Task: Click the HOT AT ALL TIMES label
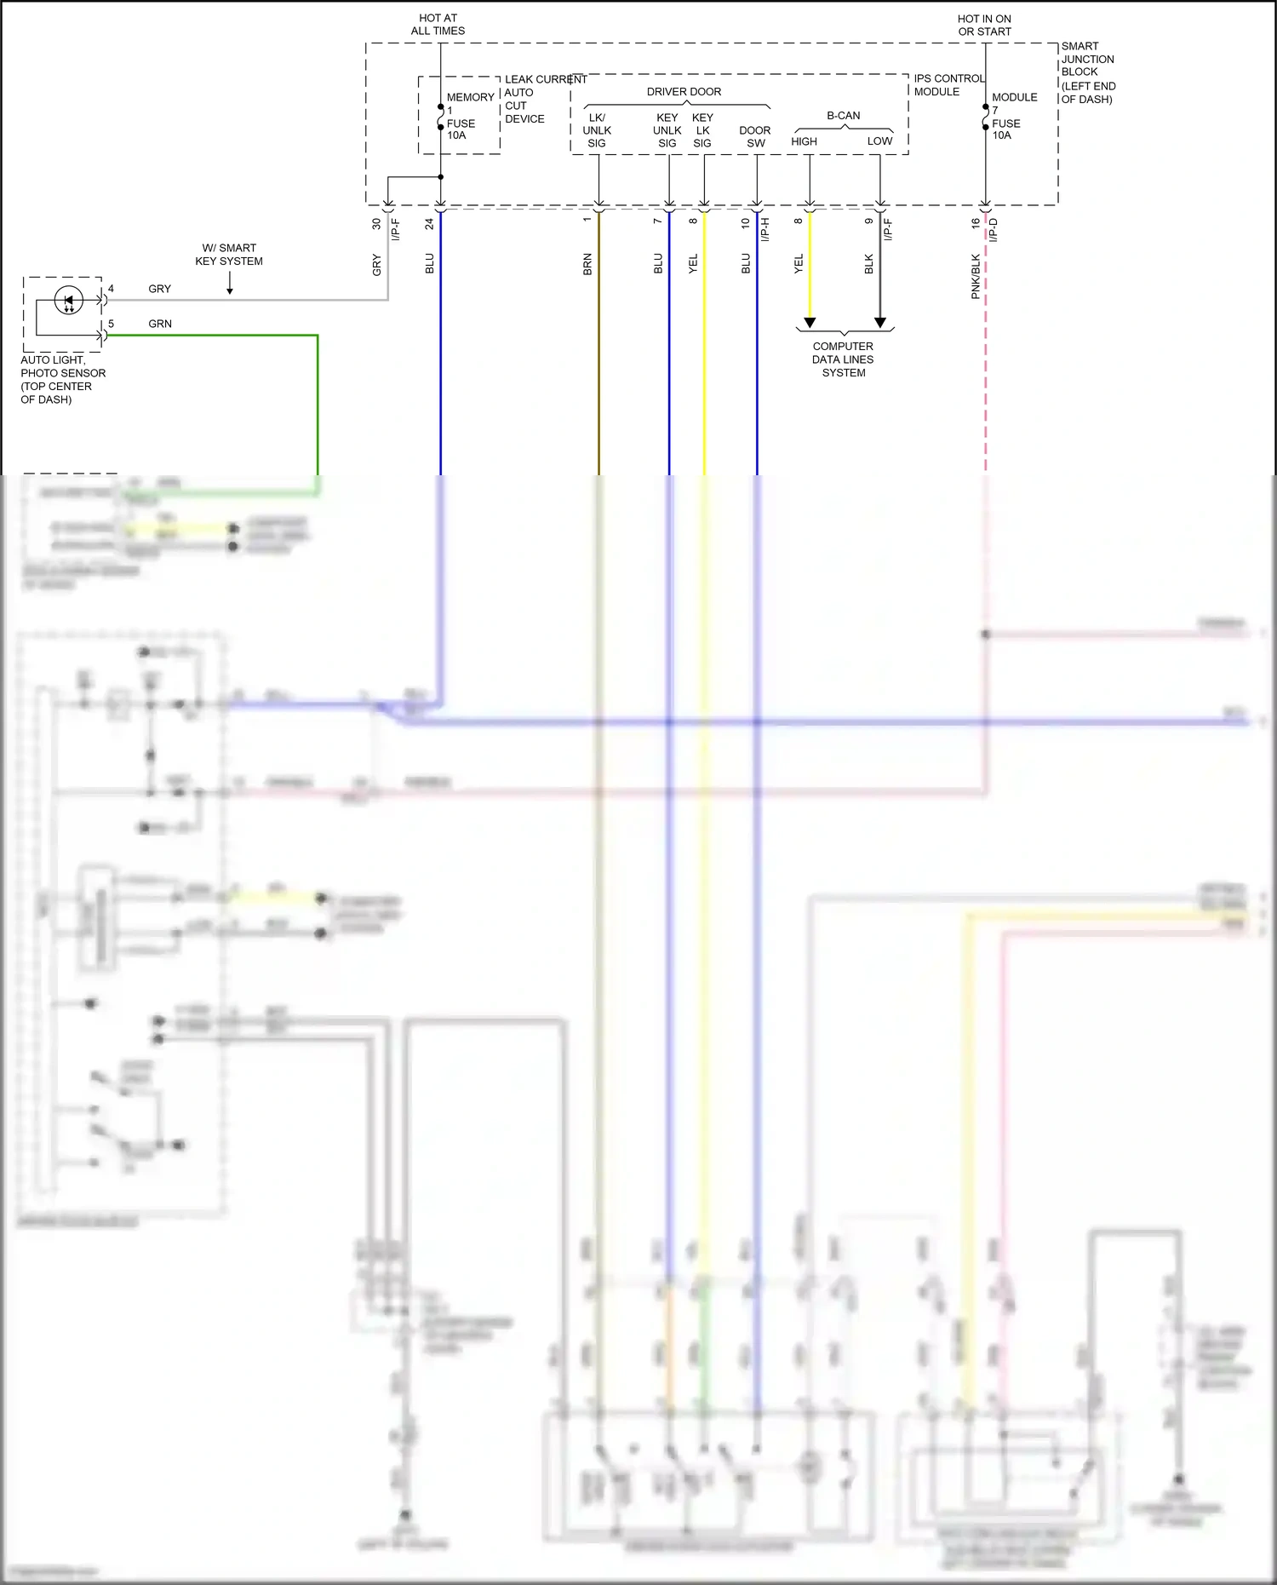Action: pyautogui.click(x=438, y=25)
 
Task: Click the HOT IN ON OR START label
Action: pyautogui.click(x=984, y=26)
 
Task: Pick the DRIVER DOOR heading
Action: pyautogui.click(x=684, y=92)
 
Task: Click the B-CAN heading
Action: pyautogui.click(x=843, y=116)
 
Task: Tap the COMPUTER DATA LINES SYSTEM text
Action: pyautogui.click(x=843, y=359)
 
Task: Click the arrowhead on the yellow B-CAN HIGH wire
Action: pyautogui.click(x=810, y=323)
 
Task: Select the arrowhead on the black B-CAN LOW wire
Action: pyautogui.click(x=880, y=323)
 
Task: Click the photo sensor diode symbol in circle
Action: pyautogui.click(x=69, y=301)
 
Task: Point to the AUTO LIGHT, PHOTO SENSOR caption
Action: pyautogui.click(x=61, y=380)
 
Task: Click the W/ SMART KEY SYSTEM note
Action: pyautogui.click(x=229, y=255)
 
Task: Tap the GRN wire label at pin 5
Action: pyautogui.click(x=160, y=324)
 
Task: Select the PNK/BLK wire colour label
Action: pyautogui.click(x=976, y=276)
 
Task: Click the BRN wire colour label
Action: pyautogui.click(x=587, y=264)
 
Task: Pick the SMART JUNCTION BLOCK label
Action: pyautogui.click(x=1087, y=72)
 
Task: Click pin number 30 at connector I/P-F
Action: pyautogui.click(x=376, y=224)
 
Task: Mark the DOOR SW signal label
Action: pyautogui.click(x=755, y=137)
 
